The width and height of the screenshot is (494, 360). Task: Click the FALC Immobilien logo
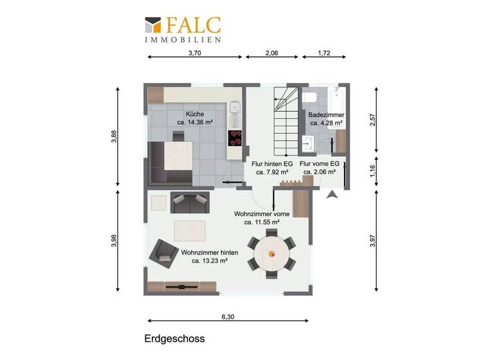tap(183, 29)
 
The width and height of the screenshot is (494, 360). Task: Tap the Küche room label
tap(195, 114)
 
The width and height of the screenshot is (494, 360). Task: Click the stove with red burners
tap(235, 138)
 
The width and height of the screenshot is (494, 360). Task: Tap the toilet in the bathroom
tap(309, 97)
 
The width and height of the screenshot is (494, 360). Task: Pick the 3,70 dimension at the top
tap(195, 54)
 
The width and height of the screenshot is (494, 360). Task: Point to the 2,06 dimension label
tap(271, 54)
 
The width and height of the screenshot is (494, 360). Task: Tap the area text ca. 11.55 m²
tap(262, 222)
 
